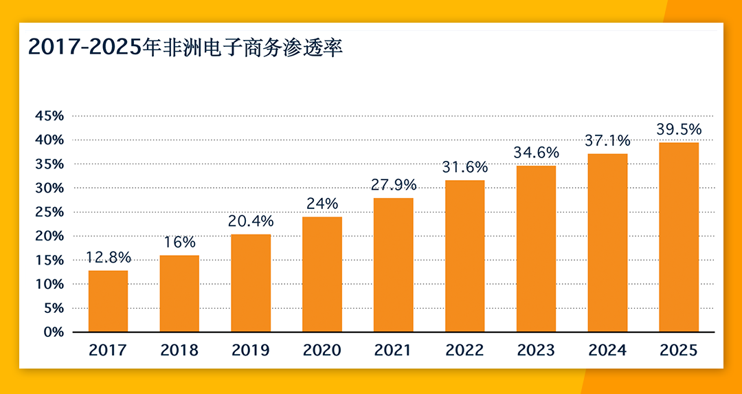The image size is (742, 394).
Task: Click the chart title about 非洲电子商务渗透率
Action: [x=185, y=47]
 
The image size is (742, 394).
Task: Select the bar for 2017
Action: [x=108, y=301]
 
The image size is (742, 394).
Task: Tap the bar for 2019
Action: [x=251, y=283]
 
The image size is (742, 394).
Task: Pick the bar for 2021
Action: [x=393, y=265]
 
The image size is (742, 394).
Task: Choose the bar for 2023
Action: [x=536, y=249]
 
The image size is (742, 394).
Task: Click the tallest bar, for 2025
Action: [x=679, y=237]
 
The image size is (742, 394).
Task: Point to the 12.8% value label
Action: [x=108, y=257]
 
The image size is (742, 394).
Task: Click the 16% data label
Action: [x=179, y=242]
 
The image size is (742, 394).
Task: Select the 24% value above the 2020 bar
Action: [x=322, y=204]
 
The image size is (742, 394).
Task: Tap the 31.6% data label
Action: [x=465, y=167]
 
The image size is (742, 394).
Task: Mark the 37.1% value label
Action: [x=607, y=141]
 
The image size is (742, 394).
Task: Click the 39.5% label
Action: [x=679, y=129]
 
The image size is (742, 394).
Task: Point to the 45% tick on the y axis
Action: [x=49, y=116]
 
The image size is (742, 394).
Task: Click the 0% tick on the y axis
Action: [x=53, y=332]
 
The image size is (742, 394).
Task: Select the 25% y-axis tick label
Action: [x=49, y=212]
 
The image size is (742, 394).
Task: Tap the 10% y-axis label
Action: [x=49, y=284]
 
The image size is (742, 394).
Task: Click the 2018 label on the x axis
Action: [x=179, y=350]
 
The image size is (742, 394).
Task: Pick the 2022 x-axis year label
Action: [x=465, y=350]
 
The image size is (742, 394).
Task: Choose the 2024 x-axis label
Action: [x=607, y=350]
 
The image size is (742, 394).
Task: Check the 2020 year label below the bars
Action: [x=322, y=350]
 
